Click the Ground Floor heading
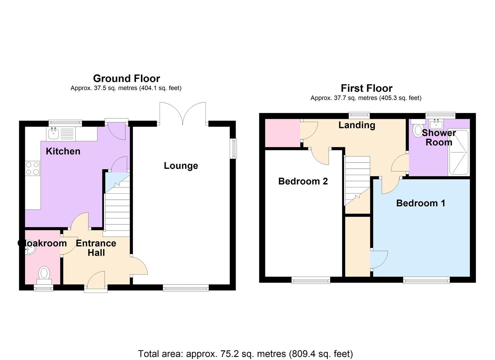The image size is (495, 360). (x=126, y=78)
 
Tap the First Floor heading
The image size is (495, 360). (x=367, y=88)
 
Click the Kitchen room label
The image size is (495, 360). (x=63, y=151)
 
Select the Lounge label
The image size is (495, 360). (x=181, y=166)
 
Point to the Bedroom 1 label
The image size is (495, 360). (x=421, y=203)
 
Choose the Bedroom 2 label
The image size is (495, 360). (x=303, y=181)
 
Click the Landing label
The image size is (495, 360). (x=357, y=125)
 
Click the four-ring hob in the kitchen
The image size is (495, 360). (x=32, y=168)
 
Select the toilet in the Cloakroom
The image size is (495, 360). (x=44, y=275)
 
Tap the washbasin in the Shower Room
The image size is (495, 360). (x=436, y=124)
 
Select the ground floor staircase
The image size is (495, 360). (x=117, y=204)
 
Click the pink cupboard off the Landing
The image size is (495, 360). (x=283, y=133)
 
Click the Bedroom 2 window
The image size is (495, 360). (x=311, y=280)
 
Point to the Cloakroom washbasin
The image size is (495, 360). (x=30, y=250)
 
